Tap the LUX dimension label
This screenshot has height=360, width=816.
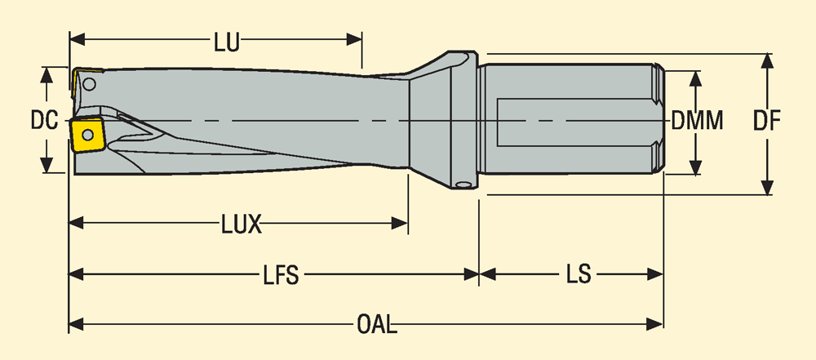(242, 224)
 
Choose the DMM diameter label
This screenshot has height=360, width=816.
(698, 122)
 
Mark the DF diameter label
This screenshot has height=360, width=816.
(767, 122)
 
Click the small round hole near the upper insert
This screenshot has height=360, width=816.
(90, 83)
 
